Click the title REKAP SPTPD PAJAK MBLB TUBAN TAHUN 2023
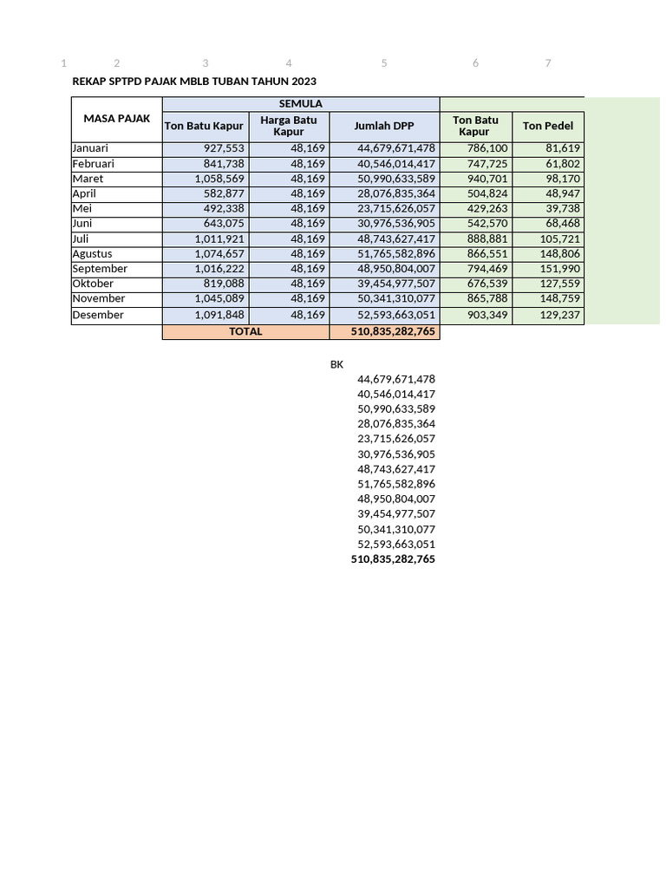coord(194,82)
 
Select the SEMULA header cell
coord(301,104)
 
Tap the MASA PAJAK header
coord(117,118)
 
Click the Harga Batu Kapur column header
coord(289,126)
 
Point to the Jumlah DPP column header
coord(384,126)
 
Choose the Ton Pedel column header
coord(548,126)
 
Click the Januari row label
coord(90,148)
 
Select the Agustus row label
coord(94,253)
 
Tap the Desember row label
coord(98,315)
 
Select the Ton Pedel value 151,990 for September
coord(561,269)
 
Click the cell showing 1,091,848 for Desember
coord(219,315)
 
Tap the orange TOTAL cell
coord(245,331)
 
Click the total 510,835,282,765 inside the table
coord(393,331)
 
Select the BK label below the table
coord(336,365)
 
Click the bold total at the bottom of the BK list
coord(393,559)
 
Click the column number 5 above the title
coord(384,63)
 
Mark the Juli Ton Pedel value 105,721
coord(561,238)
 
